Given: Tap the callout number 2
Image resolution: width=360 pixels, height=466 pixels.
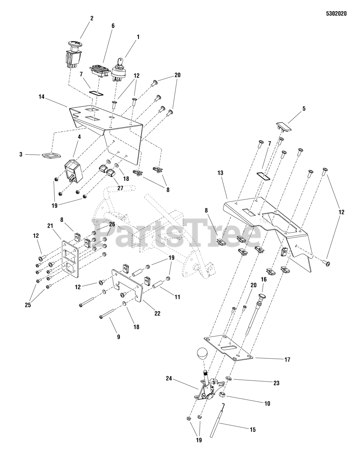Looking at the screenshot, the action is pos(92,18).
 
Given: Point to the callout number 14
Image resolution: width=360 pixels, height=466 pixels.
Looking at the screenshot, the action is pos(41,97).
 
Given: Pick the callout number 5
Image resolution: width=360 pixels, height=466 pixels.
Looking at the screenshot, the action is pos(304,109).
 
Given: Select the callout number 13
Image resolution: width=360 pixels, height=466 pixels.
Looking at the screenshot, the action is pos(220,173).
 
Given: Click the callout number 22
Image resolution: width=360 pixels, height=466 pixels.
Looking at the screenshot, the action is pos(157,313).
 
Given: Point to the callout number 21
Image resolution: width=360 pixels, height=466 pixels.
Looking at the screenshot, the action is pos(50,226).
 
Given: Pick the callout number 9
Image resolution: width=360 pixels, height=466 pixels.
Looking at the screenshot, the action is pos(119,337).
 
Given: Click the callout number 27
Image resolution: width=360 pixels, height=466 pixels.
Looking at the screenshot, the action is pos(120,188).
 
